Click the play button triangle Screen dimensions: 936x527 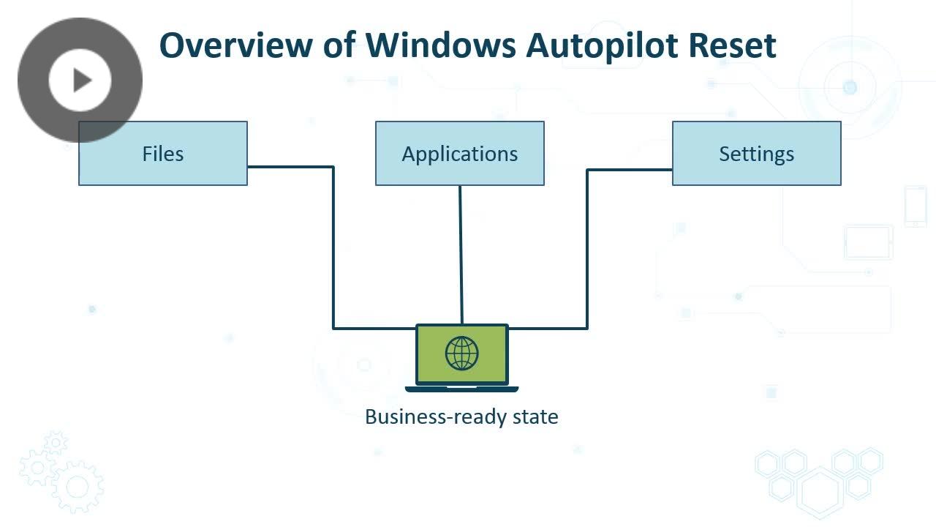[x=83, y=80]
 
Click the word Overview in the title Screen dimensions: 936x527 [x=236, y=45]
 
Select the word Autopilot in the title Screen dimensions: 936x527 [x=602, y=46]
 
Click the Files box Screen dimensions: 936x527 [x=163, y=153]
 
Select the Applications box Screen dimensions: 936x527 [x=460, y=153]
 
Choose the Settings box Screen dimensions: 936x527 [x=757, y=153]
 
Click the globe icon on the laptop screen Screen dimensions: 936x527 [x=461, y=354]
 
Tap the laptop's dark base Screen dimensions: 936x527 [x=461, y=389]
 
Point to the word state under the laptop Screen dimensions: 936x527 [x=535, y=417]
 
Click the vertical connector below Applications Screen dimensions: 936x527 [x=461, y=255]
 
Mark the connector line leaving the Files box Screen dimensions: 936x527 [x=333, y=247]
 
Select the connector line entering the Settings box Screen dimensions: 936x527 [x=587, y=250]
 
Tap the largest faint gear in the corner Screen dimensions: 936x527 [x=78, y=487]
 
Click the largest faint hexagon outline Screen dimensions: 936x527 [x=820, y=493]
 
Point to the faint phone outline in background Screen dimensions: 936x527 [x=916, y=206]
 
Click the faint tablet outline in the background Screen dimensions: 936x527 [x=868, y=242]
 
